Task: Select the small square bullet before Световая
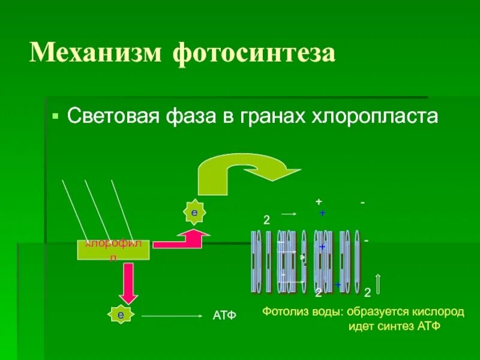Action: [x=56, y=114]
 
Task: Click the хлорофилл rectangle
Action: [x=113, y=250]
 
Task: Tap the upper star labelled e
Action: [x=194, y=213]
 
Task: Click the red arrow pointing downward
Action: [x=127, y=283]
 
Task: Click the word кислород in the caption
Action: [x=441, y=313]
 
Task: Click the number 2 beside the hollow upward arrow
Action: [x=367, y=292]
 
